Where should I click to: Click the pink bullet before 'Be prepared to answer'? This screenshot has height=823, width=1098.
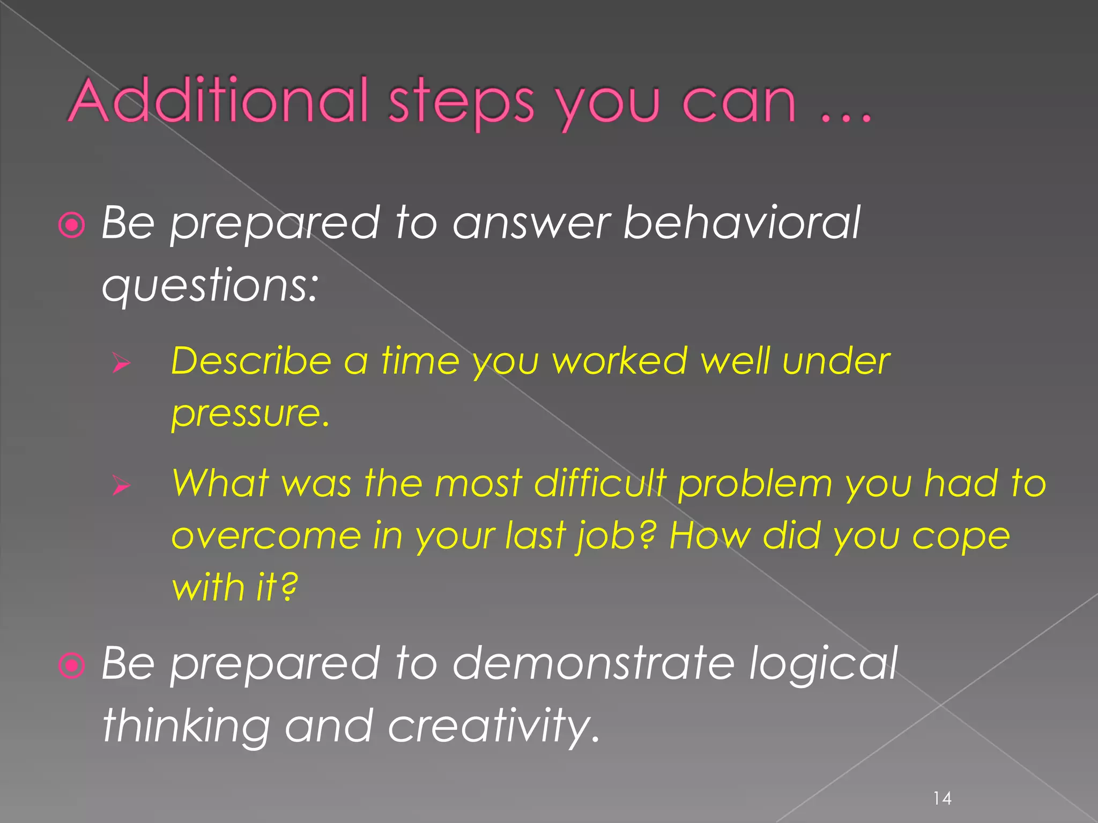(72, 225)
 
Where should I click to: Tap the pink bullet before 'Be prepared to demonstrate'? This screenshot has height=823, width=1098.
(72, 665)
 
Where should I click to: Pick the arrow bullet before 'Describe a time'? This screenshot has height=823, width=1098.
(122, 364)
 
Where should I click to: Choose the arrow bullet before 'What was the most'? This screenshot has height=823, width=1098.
(122, 485)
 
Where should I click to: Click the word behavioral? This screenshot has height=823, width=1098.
(741, 222)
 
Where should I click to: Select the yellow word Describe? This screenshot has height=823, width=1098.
(251, 361)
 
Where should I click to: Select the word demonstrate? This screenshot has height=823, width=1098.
(593, 663)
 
